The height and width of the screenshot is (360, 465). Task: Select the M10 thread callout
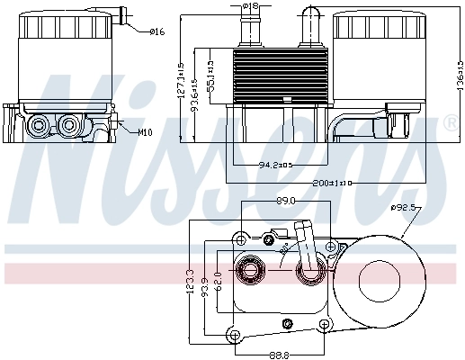[144, 132]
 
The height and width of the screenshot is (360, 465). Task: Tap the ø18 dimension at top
[251, 7]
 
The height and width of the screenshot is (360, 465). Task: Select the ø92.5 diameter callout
[405, 208]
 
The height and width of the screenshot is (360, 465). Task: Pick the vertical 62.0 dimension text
[217, 279]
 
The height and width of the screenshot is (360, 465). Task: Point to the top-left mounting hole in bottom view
[241, 239]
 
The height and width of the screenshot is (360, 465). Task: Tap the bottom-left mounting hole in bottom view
[235, 336]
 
